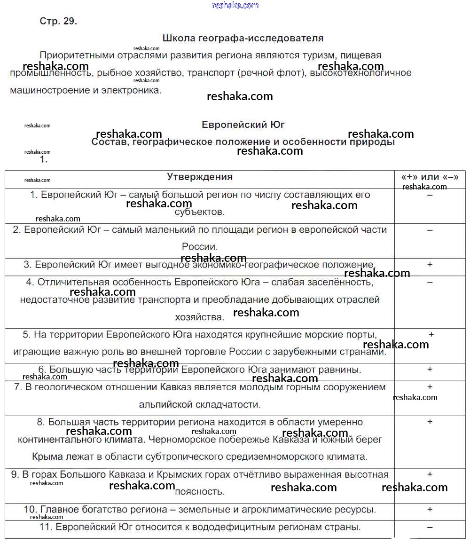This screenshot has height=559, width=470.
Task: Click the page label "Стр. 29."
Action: click(x=58, y=21)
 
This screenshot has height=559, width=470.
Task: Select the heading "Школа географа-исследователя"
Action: click(x=243, y=38)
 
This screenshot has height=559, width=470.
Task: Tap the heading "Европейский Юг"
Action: click(x=243, y=125)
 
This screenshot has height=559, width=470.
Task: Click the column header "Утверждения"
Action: click(x=200, y=177)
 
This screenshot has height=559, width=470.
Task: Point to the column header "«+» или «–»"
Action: click(x=430, y=177)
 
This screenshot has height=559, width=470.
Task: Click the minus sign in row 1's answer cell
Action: click(x=430, y=195)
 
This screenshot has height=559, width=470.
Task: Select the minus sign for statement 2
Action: click(x=430, y=230)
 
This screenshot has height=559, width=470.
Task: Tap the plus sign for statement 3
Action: click(x=430, y=265)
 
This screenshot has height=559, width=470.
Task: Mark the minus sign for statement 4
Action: click(x=430, y=283)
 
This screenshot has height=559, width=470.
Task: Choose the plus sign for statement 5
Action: click(x=431, y=335)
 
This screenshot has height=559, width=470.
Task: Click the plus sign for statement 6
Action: click(x=430, y=370)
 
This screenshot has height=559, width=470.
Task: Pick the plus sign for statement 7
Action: click(x=430, y=387)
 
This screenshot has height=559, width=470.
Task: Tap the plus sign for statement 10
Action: click(x=430, y=509)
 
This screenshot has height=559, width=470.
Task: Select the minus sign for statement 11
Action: click(x=430, y=528)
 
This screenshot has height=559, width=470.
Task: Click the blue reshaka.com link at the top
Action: click(x=235, y=5)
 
